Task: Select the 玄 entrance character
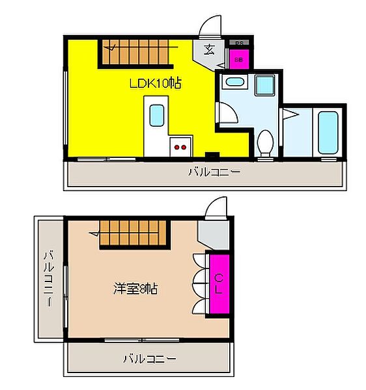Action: [x=209, y=50]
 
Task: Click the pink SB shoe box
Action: [x=239, y=59]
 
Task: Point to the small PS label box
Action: [x=239, y=43]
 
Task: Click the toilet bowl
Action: [x=265, y=142]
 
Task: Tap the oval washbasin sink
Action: [x=233, y=83]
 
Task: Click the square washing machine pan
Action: [x=264, y=84]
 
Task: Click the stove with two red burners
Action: [x=179, y=147]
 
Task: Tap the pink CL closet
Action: [x=218, y=285]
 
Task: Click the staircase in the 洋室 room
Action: [x=133, y=232]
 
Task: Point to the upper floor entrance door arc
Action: [x=210, y=25]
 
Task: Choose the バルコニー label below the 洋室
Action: [x=149, y=357]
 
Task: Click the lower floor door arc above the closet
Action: [x=216, y=209]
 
